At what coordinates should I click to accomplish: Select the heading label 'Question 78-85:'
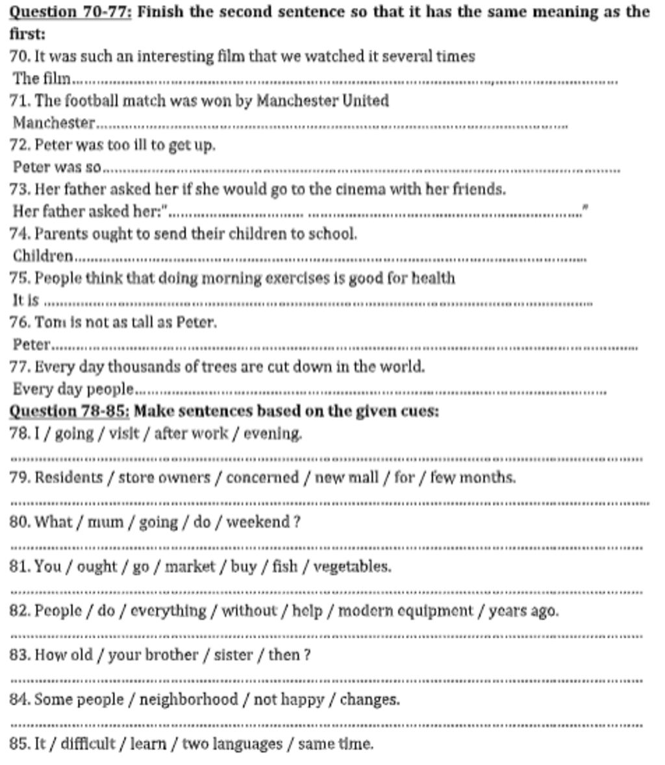pyautogui.click(x=69, y=411)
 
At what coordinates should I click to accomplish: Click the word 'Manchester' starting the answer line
pyautogui.click(x=54, y=123)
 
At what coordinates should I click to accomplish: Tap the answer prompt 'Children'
pyautogui.click(x=43, y=256)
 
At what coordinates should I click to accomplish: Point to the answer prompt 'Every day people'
pyautogui.click(x=73, y=389)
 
